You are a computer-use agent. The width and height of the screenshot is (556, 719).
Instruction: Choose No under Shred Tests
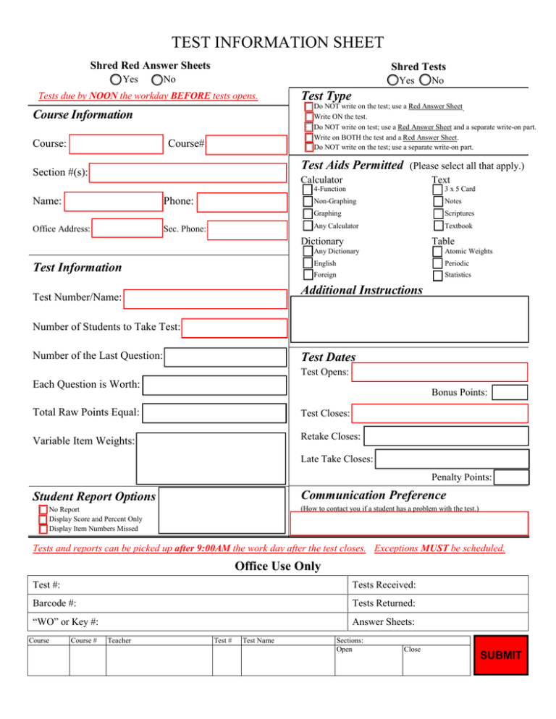click(425, 80)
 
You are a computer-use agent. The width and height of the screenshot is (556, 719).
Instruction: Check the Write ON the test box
click(309, 116)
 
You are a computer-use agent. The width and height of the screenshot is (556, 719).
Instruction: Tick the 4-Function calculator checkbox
click(308, 189)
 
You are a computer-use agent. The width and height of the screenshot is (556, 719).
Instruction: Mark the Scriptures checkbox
click(438, 213)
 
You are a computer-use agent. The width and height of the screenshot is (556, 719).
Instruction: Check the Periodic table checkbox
click(438, 263)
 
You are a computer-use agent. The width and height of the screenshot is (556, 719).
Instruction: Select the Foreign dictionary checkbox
click(308, 276)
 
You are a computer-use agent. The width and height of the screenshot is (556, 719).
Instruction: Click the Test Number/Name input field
click(204, 297)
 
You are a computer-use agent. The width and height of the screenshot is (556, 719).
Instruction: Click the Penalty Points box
click(511, 477)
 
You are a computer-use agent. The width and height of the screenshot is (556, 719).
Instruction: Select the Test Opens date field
click(440, 373)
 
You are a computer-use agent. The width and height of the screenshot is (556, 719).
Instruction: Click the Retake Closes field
click(446, 436)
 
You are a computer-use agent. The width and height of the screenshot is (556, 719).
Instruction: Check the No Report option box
click(43, 510)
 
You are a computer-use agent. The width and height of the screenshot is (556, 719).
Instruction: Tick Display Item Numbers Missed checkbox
click(43, 529)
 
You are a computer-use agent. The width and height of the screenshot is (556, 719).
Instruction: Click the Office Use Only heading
click(278, 566)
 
